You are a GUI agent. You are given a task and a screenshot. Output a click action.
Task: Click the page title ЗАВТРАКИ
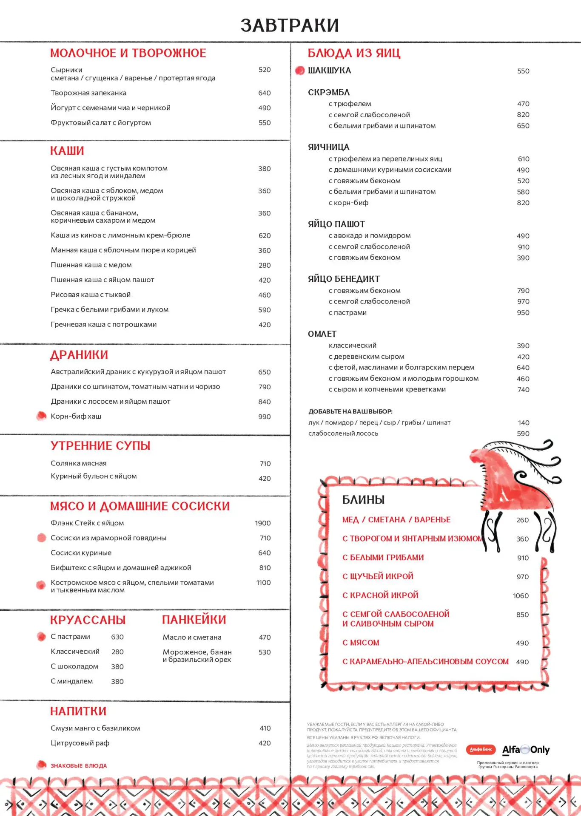pyautogui.click(x=290, y=25)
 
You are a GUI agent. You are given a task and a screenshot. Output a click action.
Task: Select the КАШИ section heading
pyautogui.click(x=67, y=151)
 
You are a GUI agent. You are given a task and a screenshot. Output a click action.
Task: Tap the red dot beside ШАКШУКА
pyautogui.click(x=300, y=71)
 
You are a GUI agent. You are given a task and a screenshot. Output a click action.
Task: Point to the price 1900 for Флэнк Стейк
pyautogui.click(x=263, y=523)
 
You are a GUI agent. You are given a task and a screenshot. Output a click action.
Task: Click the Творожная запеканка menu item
pyautogui.click(x=88, y=93)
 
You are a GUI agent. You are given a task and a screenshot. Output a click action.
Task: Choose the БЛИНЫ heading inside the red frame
pyautogui.click(x=363, y=500)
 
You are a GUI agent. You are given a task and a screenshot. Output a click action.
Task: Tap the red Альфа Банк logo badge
pyautogui.click(x=481, y=749)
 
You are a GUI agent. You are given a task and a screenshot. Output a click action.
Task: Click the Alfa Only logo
pyautogui.click(x=526, y=750)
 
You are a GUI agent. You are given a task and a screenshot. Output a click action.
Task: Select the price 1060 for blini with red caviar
pyautogui.click(x=521, y=596)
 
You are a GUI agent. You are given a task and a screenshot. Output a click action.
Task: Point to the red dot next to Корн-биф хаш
pyautogui.click(x=41, y=416)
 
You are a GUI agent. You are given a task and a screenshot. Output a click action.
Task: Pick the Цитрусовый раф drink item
pyautogui.click(x=80, y=743)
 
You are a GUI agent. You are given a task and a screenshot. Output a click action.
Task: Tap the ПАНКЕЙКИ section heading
pyautogui.click(x=194, y=620)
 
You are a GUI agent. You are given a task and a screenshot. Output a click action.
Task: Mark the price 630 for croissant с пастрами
pyautogui.click(x=117, y=637)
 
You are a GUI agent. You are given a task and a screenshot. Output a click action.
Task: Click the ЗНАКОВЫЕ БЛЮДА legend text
pyautogui.click(x=79, y=766)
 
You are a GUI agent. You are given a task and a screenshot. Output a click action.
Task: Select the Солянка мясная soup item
pyautogui.click(x=79, y=463)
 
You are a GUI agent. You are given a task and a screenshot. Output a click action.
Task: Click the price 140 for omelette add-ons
pyautogui.click(x=524, y=423)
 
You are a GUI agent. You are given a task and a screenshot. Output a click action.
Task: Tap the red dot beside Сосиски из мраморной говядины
pyautogui.click(x=42, y=538)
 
